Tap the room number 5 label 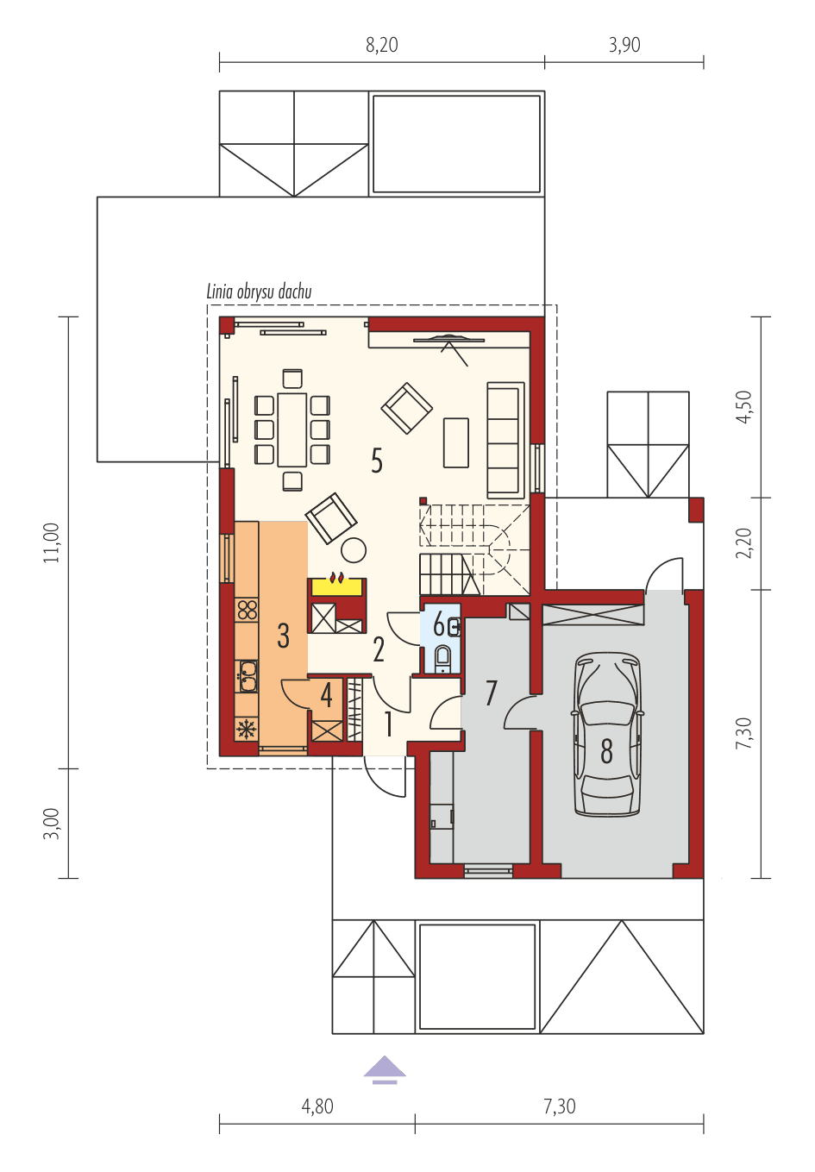377,461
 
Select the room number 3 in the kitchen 283,636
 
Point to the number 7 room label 492,693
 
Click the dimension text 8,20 382,46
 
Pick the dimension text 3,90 624,46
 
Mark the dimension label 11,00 53,542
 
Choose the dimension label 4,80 317,1106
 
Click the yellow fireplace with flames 337,584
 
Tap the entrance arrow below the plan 385,1070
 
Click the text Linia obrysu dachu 259,291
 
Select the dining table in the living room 292,429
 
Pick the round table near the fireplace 354,549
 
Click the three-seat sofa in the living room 505,440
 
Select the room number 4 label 326,695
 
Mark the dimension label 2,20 744,543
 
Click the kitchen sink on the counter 248,674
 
